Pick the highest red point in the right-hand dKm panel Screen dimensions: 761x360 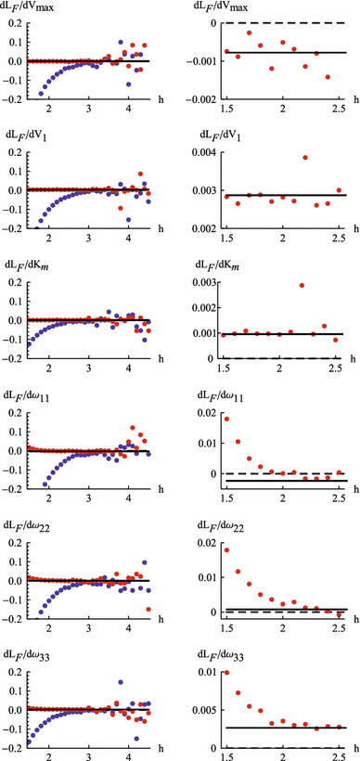[x=302, y=286]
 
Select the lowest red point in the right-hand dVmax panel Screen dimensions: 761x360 [x=328, y=77]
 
